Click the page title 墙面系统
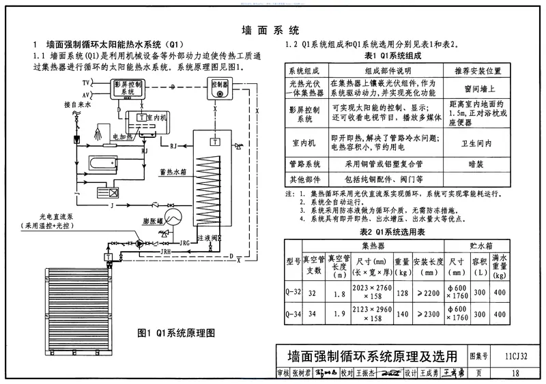coord(271,30)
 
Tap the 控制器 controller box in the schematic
coord(218,87)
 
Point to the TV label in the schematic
coord(87,82)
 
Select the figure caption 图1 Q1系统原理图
coord(176,334)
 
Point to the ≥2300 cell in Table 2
coord(428,314)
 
